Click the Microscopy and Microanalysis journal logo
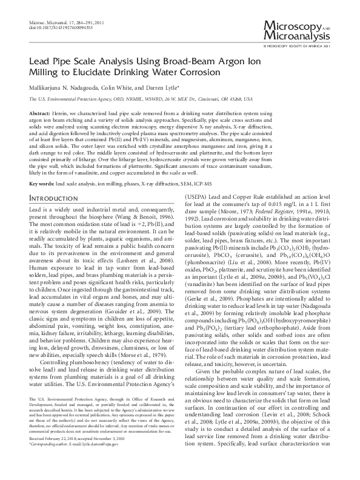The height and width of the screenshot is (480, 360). point(296,29)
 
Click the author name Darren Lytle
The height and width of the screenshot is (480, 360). point(164,87)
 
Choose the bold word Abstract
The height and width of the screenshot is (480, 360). point(39,114)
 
